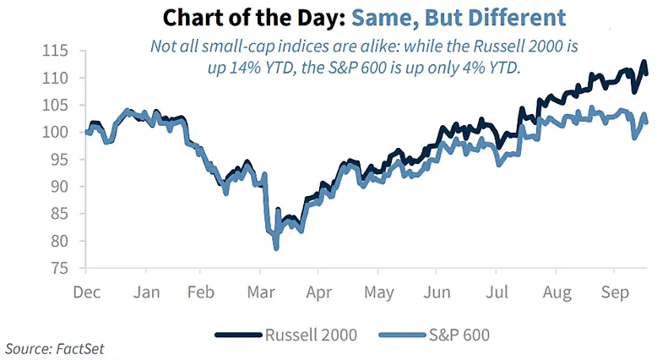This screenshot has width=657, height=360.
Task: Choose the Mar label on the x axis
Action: (x=259, y=292)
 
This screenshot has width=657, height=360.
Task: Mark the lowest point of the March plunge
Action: (x=276, y=248)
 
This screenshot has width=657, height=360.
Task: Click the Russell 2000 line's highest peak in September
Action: (x=643, y=62)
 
